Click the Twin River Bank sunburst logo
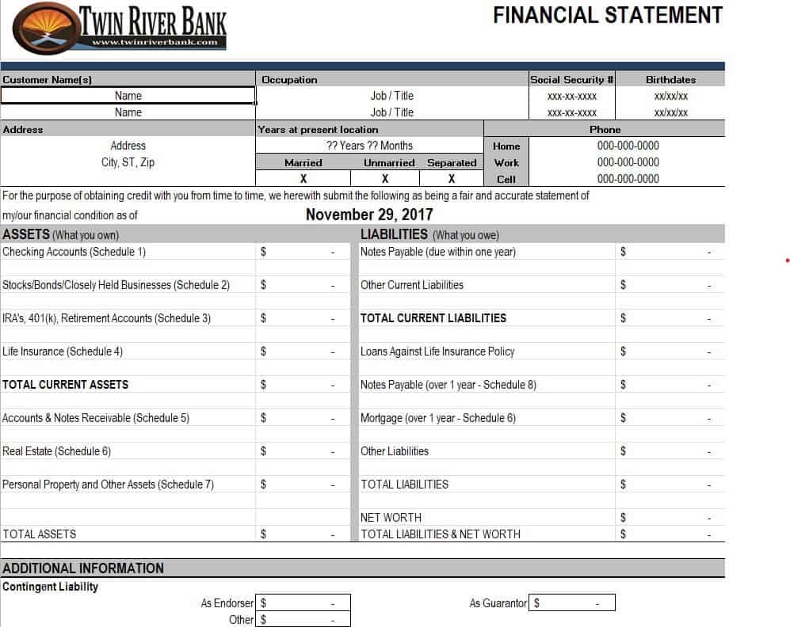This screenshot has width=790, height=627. (x=44, y=28)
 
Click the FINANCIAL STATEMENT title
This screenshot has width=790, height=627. (x=607, y=15)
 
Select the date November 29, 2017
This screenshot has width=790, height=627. (x=369, y=215)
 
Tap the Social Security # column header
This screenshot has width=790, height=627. (x=572, y=79)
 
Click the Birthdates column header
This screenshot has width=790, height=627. (x=670, y=79)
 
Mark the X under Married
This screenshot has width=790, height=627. (x=303, y=179)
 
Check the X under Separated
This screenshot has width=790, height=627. (x=452, y=179)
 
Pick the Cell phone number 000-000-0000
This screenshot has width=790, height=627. (x=628, y=179)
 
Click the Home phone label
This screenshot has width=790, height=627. (x=506, y=146)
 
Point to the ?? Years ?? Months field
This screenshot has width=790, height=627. (x=369, y=146)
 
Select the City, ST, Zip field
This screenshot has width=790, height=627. (x=128, y=162)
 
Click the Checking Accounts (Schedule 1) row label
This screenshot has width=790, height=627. (x=74, y=252)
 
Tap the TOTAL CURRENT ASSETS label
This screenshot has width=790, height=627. (x=65, y=384)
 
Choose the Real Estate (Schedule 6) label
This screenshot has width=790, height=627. (x=57, y=451)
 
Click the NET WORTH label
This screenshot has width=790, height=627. (x=391, y=518)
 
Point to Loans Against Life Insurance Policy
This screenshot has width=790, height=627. (x=437, y=351)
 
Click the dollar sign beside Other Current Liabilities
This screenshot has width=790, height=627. (x=623, y=285)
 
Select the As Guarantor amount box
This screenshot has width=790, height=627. (x=572, y=603)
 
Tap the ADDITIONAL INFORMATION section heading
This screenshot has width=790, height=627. (x=83, y=568)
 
